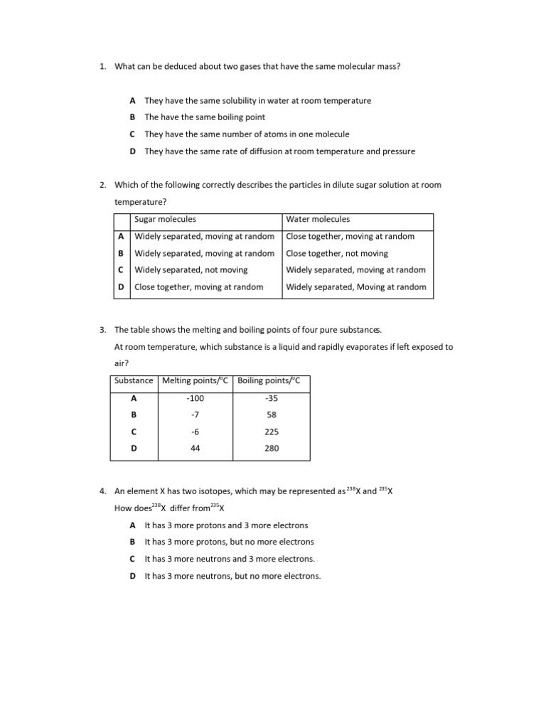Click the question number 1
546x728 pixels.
pyautogui.click(x=102, y=66)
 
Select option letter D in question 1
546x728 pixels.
pyautogui.click(x=133, y=151)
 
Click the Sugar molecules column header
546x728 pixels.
pyautogui.click(x=165, y=220)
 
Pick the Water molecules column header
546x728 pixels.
pyautogui.click(x=318, y=220)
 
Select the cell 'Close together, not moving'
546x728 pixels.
pyautogui.click(x=337, y=253)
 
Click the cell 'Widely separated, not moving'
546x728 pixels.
pyautogui.click(x=191, y=270)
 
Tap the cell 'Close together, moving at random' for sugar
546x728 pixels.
pyautogui.click(x=199, y=287)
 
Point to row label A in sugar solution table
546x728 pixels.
pyautogui.click(x=121, y=236)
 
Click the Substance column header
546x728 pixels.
pyautogui.click(x=134, y=381)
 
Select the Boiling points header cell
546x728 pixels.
pyautogui.click(x=269, y=381)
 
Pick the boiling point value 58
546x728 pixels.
pyautogui.click(x=271, y=415)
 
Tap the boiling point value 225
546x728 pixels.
pyautogui.click(x=271, y=432)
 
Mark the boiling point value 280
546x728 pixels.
pyautogui.click(x=271, y=449)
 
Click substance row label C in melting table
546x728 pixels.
pyautogui.click(x=134, y=432)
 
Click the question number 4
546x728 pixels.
pyautogui.click(x=102, y=491)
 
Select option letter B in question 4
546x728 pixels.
pyautogui.click(x=133, y=542)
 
